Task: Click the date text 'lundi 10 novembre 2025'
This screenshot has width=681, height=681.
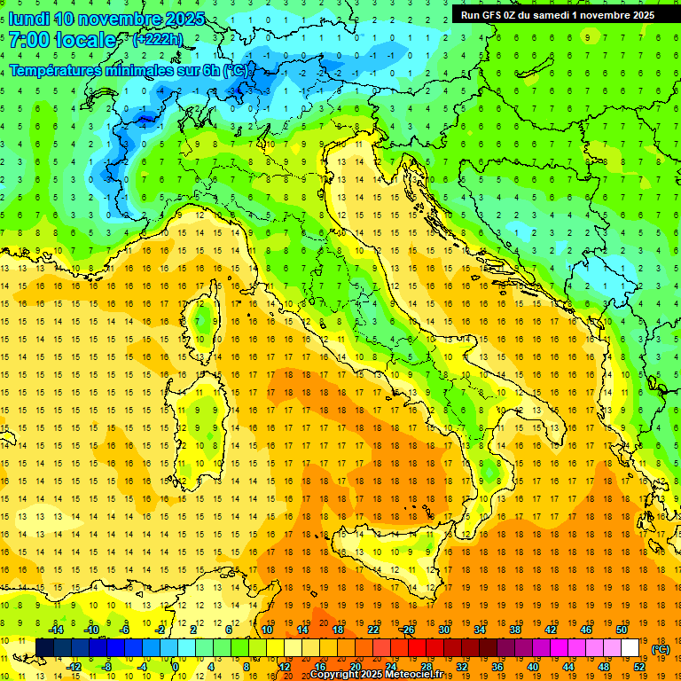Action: click(x=106, y=19)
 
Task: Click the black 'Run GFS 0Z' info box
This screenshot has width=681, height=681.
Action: click(x=558, y=15)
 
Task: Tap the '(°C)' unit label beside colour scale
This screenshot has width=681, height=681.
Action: click(x=661, y=649)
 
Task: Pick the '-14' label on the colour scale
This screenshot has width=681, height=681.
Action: click(x=57, y=630)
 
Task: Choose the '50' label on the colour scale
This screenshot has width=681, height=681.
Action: click(x=622, y=630)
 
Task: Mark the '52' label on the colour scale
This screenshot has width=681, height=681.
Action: click(x=639, y=666)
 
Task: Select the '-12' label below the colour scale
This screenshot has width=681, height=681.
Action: click(x=74, y=666)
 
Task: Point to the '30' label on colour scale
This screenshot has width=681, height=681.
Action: click(x=444, y=630)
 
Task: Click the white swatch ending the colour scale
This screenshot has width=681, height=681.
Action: click(x=630, y=648)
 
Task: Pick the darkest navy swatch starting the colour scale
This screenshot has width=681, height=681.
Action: click(x=44, y=648)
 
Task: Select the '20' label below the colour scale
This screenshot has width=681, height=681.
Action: click(x=356, y=666)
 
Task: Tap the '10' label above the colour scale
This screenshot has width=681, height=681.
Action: click(x=267, y=630)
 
